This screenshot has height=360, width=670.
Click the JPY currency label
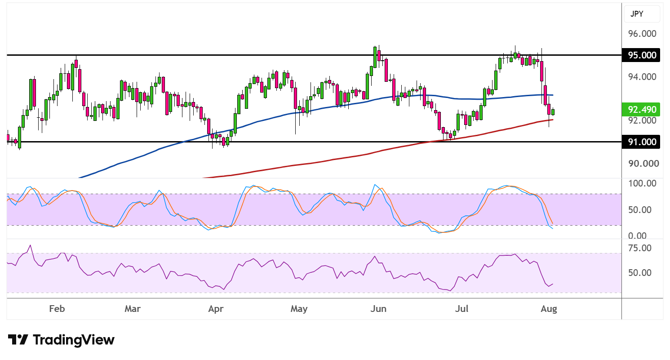[x=636, y=14]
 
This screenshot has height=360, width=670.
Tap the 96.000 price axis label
[x=642, y=34]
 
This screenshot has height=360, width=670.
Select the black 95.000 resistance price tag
[x=641, y=55]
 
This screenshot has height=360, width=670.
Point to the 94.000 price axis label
[x=642, y=77]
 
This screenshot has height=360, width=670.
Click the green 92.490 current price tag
[x=641, y=110]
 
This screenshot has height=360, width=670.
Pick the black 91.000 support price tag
[x=641, y=142]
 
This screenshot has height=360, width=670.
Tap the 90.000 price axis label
[x=643, y=164]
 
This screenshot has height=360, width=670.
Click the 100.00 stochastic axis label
[x=642, y=183]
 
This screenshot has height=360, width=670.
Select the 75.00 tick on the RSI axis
[x=640, y=248]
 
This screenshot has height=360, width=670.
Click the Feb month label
[x=57, y=308]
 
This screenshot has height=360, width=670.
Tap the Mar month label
[x=132, y=308]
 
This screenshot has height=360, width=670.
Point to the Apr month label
[x=216, y=309]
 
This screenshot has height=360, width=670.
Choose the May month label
[x=299, y=309]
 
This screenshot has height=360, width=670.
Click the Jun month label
[x=378, y=308]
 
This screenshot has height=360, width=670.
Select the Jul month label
[x=461, y=308]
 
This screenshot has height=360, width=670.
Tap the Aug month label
[x=549, y=309]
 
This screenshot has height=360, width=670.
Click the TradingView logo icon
[x=18, y=340]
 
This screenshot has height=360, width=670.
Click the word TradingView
[x=74, y=340]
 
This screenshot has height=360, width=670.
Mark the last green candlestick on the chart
[x=553, y=112]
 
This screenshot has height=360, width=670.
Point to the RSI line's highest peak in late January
[x=30, y=245]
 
